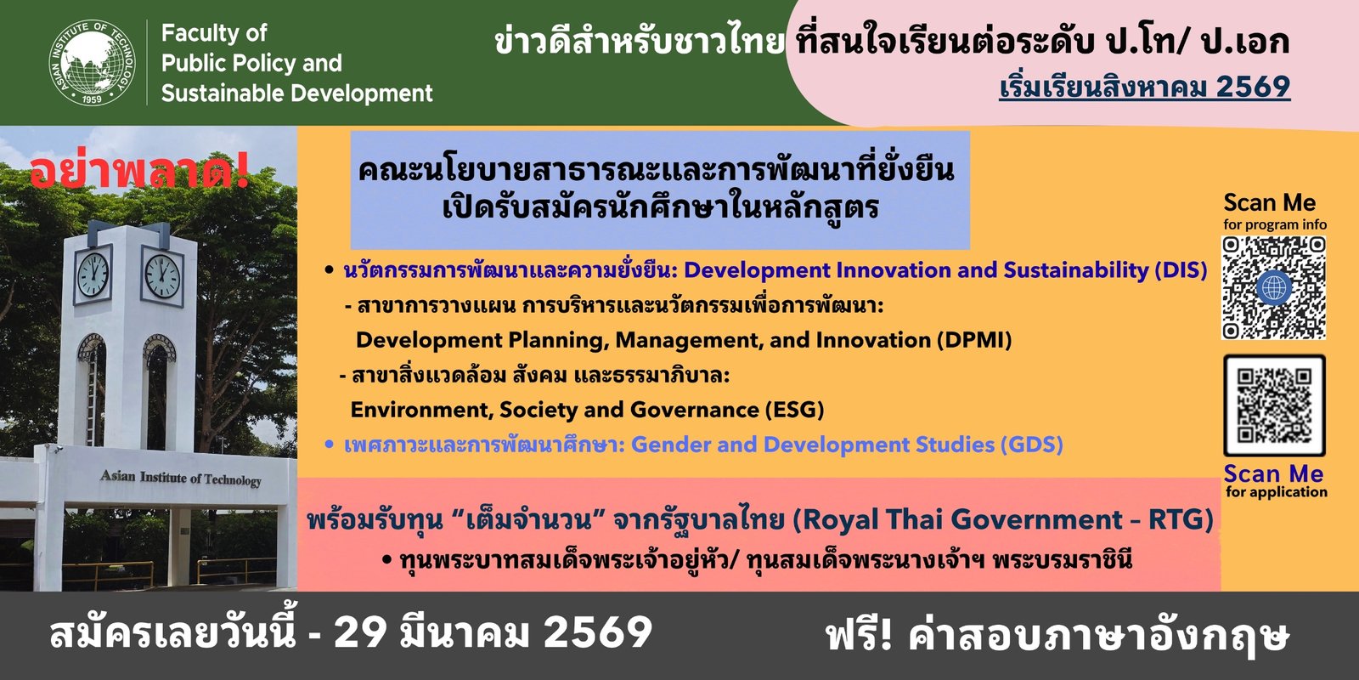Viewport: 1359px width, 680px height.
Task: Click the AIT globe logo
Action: (x=93, y=63)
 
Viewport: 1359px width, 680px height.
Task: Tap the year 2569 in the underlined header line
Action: (x=1253, y=86)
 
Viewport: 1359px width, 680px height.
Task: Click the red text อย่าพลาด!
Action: (x=139, y=172)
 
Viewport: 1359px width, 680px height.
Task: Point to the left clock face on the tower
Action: (x=93, y=275)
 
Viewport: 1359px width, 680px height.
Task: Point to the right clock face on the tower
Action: (x=162, y=276)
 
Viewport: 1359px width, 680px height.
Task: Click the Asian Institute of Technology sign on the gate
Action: (x=181, y=479)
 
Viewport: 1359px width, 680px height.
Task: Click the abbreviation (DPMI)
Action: (x=974, y=340)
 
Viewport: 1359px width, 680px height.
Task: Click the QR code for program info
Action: (x=1273, y=288)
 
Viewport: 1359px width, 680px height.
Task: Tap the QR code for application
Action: (x=1274, y=405)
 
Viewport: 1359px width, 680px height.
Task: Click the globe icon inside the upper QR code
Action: (x=1274, y=287)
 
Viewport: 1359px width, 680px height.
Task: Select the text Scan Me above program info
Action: (x=1269, y=202)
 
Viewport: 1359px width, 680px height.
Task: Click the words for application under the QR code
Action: (x=1276, y=492)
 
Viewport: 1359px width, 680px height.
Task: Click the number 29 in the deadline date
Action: (x=360, y=632)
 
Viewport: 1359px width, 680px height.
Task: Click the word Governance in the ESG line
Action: (x=694, y=410)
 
